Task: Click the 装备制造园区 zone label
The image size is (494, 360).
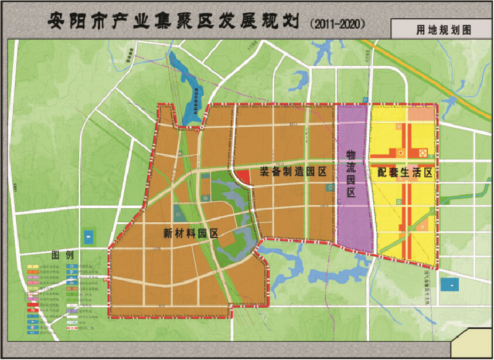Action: [x=292, y=172]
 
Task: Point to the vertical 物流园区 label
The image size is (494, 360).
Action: [x=351, y=172]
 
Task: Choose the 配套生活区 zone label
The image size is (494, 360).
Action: [x=405, y=173]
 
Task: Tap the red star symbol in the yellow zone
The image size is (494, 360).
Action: [x=401, y=153]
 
